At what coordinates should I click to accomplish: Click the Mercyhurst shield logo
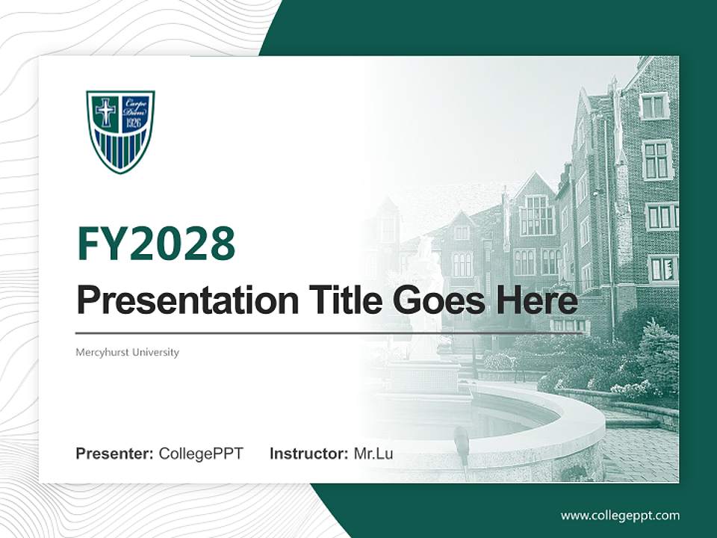pos(120,131)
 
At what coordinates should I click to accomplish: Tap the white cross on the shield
pos(105,112)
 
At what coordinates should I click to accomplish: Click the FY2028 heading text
pos(156,244)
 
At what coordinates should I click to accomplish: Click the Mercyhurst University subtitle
pos(127,352)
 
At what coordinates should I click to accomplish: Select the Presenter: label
pos(115,454)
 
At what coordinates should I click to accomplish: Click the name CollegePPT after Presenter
pos(201,454)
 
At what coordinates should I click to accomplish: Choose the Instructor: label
pos(308,454)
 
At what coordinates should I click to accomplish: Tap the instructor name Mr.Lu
pos(373,454)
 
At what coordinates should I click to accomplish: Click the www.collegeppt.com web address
pos(620,515)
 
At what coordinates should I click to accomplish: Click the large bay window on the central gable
pos(536,216)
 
